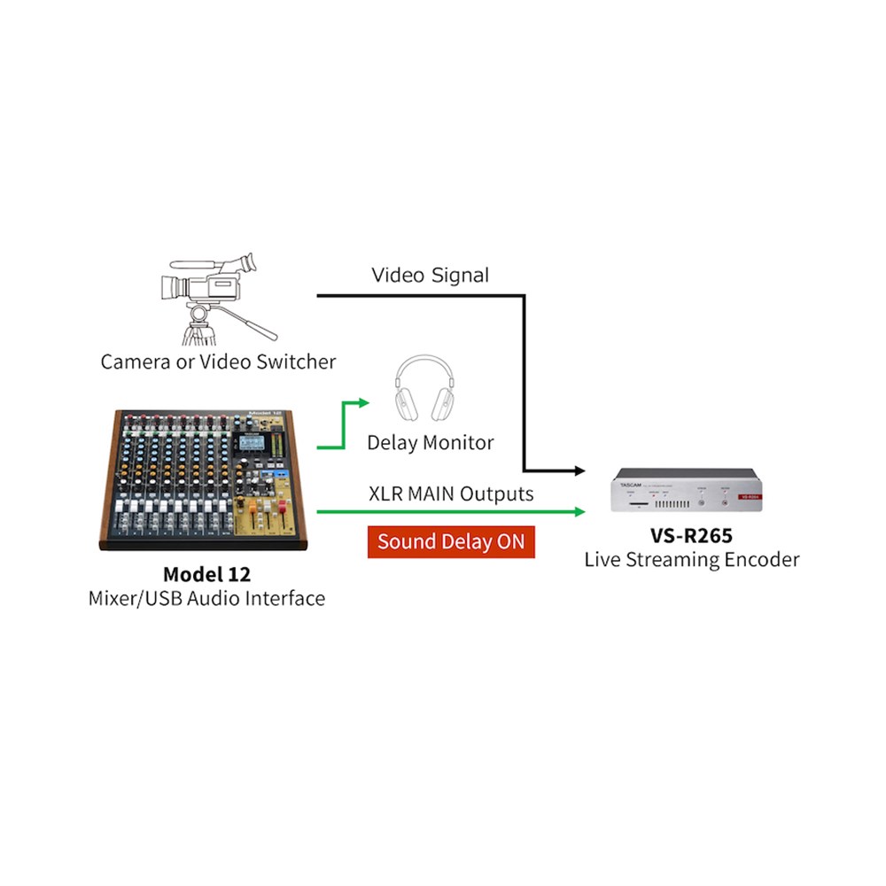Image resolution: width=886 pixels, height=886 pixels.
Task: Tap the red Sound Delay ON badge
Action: pos(451,541)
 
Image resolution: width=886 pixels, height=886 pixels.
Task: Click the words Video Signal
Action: pos(430,275)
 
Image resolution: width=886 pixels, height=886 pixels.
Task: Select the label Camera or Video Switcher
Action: pos(218,361)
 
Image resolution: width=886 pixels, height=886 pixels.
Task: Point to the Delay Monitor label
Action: pos(431,441)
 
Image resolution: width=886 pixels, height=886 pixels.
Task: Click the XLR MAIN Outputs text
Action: pos(451,493)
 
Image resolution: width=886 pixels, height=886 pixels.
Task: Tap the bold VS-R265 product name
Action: pos(691,535)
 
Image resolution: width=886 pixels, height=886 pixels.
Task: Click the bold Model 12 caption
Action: pos(206,573)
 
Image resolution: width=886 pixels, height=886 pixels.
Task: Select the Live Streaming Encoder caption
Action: pos(691,559)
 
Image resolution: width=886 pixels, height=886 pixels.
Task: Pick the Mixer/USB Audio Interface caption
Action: pos(206,598)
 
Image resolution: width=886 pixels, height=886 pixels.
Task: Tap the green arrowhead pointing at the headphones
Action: pos(364,403)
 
